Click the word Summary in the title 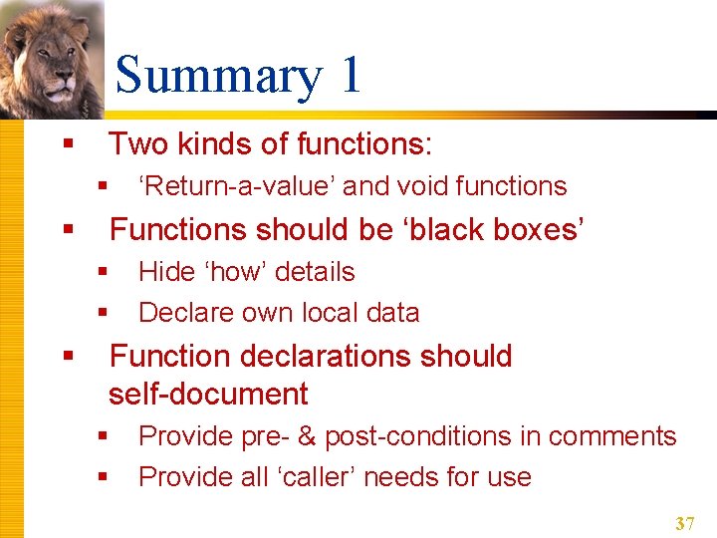click(x=217, y=77)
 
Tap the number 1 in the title click(x=350, y=77)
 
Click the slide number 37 click(x=684, y=523)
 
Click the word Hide click(x=167, y=272)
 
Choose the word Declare click(x=189, y=313)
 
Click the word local click(x=328, y=313)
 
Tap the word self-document click(x=208, y=395)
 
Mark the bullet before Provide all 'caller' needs click(x=103, y=478)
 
